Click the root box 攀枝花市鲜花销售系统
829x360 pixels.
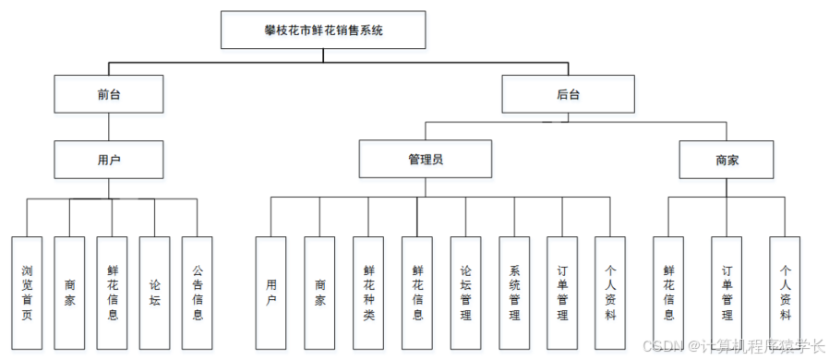point(323,30)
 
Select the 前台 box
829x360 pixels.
point(109,93)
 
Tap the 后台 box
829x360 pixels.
point(568,93)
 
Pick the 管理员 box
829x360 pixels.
point(426,159)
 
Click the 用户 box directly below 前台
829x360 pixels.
point(109,159)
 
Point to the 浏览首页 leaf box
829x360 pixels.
point(27,293)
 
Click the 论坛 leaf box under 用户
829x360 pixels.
point(154,293)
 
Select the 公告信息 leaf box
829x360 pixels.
point(197,293)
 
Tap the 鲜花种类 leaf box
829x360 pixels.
point(368,293)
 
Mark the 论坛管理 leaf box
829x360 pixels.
point(465,293)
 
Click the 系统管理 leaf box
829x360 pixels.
point(514,293)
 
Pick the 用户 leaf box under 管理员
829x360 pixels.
point(270,293)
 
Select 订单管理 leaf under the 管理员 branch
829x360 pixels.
point(562,293)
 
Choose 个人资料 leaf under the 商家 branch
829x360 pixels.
point(786,293)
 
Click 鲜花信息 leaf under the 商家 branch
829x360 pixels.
point(668,293)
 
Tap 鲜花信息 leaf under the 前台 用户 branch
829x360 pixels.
point(112,293)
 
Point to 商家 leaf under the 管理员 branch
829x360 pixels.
point(319,293)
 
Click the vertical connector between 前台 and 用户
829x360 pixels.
point(109,126)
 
